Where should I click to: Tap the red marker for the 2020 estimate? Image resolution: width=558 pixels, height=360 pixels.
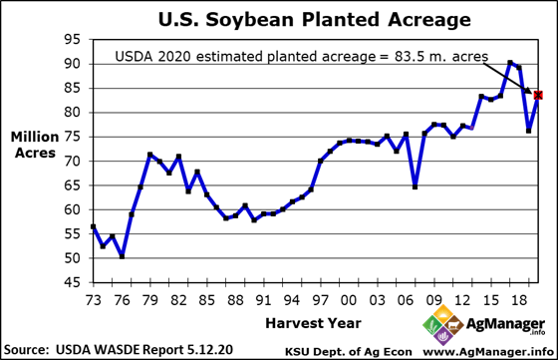coord(538,95)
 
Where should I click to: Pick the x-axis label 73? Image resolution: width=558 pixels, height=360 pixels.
coord(93,299)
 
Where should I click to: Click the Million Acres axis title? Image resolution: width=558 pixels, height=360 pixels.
coord(34,145)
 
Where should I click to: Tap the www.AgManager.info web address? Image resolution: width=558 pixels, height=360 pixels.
coord(489,351)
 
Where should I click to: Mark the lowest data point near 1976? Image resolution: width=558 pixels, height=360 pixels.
coord(122,256)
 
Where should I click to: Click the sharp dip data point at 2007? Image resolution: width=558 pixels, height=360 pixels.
coord(415,186)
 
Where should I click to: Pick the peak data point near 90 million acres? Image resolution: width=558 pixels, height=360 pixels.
coord(509,63)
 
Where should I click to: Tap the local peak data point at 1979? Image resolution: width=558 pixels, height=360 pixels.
coord(149,155)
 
